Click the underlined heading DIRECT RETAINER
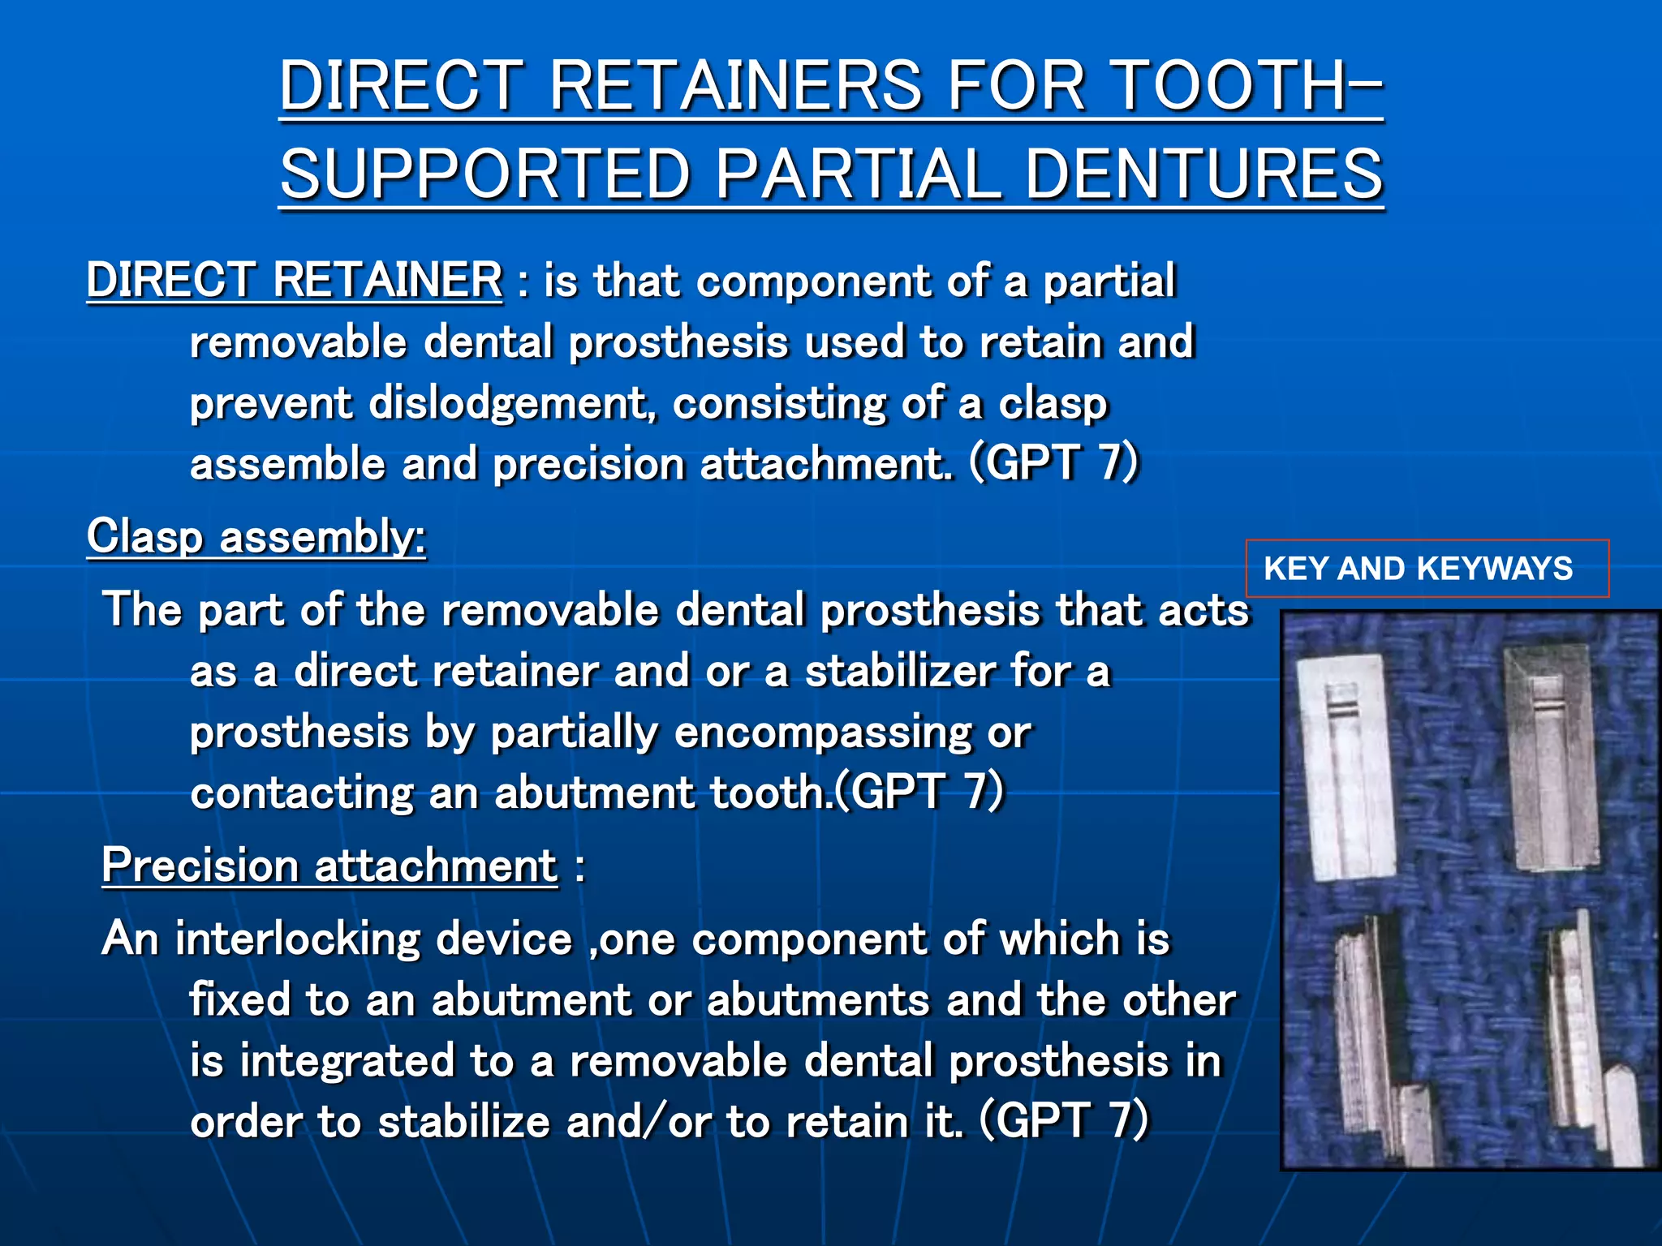(294, 280)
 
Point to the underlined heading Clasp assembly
(256, 536)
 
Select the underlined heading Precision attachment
(329, 865)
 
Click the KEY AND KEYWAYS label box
(1427, 568)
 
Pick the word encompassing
(823, 733)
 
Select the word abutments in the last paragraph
(818, 1000)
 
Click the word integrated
(347, 1061)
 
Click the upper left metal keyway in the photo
(1352, 767)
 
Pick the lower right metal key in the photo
(1578, 1046)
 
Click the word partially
(574, 733)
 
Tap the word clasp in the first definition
(1053, 403)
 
